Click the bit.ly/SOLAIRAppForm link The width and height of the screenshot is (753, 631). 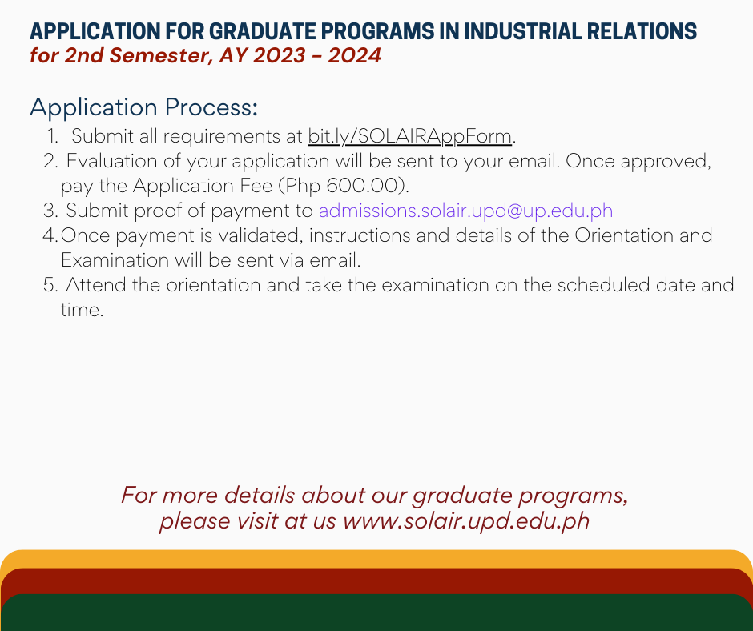click(409, 136)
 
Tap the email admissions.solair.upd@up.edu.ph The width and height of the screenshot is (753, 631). click(465, 211)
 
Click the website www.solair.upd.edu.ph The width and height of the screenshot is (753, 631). click(466, 521)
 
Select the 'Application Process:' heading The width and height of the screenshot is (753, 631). click(143, 107)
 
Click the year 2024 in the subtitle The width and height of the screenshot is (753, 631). click(354, 55)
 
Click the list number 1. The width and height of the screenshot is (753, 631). click(52, 136)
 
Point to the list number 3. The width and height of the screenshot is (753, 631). click(50, 211)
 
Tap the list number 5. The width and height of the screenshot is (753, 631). click(50, 285)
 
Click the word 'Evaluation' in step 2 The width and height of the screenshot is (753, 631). click(111, 161)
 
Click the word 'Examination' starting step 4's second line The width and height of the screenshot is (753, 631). click(115, 260)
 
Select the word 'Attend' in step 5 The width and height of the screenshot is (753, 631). click(96, 285)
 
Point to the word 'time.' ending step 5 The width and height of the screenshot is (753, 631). click(82, 310)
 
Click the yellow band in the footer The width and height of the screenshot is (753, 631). click(376, 559)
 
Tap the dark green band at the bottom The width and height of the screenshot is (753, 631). click(376, 613)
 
